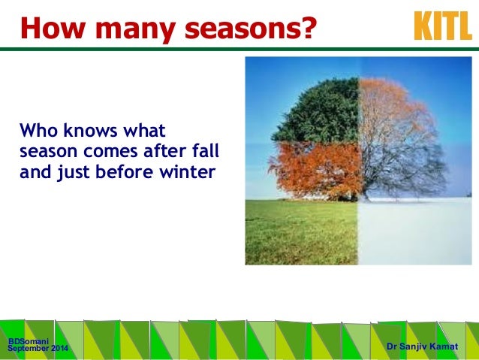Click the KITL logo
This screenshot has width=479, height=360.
[443, 26]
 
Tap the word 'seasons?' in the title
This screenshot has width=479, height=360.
[251, 28]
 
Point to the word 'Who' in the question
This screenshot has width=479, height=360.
[38, 130]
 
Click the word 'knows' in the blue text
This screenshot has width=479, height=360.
[90, 130]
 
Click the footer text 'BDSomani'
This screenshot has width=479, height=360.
[29, 341]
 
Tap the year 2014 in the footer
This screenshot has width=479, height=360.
[59, 348]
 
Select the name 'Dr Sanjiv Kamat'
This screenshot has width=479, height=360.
[423, 346]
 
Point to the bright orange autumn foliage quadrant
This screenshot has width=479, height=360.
[316, 171]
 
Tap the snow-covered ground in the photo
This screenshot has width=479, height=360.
[414, 231]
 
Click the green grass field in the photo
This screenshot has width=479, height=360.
[302, 231]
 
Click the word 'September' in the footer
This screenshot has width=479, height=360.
[29, 349]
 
